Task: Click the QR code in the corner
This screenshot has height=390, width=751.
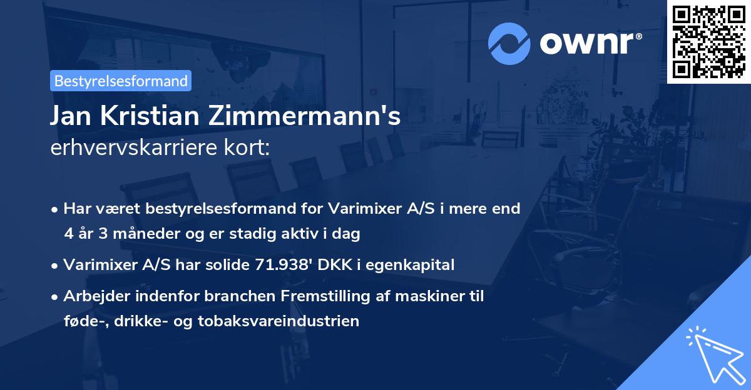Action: pos(708,42)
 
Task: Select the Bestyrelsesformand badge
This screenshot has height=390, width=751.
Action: pos(121,81)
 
